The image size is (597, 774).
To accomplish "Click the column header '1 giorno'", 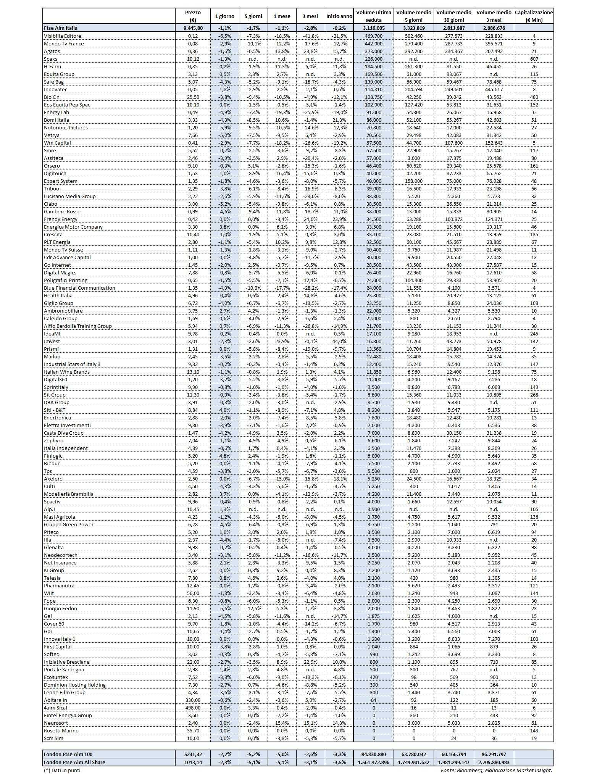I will [x=224, y=16].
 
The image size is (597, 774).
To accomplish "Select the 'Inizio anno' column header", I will [x=339, y=16].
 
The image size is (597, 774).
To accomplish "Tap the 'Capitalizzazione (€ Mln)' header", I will [x=534, y=16].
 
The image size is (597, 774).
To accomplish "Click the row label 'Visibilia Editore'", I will [x=63, y=36].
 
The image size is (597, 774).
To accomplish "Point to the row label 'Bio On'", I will [x=52, y=97].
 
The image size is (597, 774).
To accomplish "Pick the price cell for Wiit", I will [x=193, y=593].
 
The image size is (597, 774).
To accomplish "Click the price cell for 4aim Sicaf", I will [x=193, y=708].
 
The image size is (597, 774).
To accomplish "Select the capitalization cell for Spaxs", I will [x=534, y=59].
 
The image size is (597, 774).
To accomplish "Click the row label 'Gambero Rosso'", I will [x=62, y=211].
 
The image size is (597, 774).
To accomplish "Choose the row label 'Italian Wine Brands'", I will [x=67, y=372].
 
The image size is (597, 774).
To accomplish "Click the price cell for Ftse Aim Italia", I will [x=193, y=28].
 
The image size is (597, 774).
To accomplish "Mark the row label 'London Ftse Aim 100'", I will [x=68, y=754].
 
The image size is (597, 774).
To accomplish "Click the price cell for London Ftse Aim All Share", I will [x=193, y=762].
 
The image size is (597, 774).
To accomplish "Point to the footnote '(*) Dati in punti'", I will [x=62, y=770].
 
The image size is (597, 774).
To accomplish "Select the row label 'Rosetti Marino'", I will [x=61, y=730].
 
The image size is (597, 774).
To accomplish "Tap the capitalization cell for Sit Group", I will [x=534, y=395].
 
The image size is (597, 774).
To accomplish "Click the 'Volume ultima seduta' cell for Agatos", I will [x=373, y=51].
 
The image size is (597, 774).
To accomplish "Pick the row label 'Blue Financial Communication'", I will [x=79, y=288].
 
